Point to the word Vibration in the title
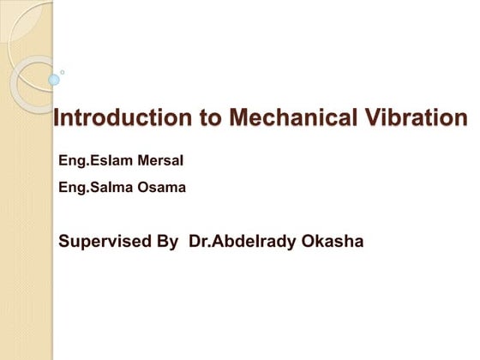click(411, 119)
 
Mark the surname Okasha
click(333, 241)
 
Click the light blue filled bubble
click(54, 80)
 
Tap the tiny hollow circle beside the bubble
click(62, 72)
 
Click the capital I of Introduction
click(57, 119)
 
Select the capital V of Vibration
click(358, 119)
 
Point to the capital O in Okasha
click(308, 241)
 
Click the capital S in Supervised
click(64, 241)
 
